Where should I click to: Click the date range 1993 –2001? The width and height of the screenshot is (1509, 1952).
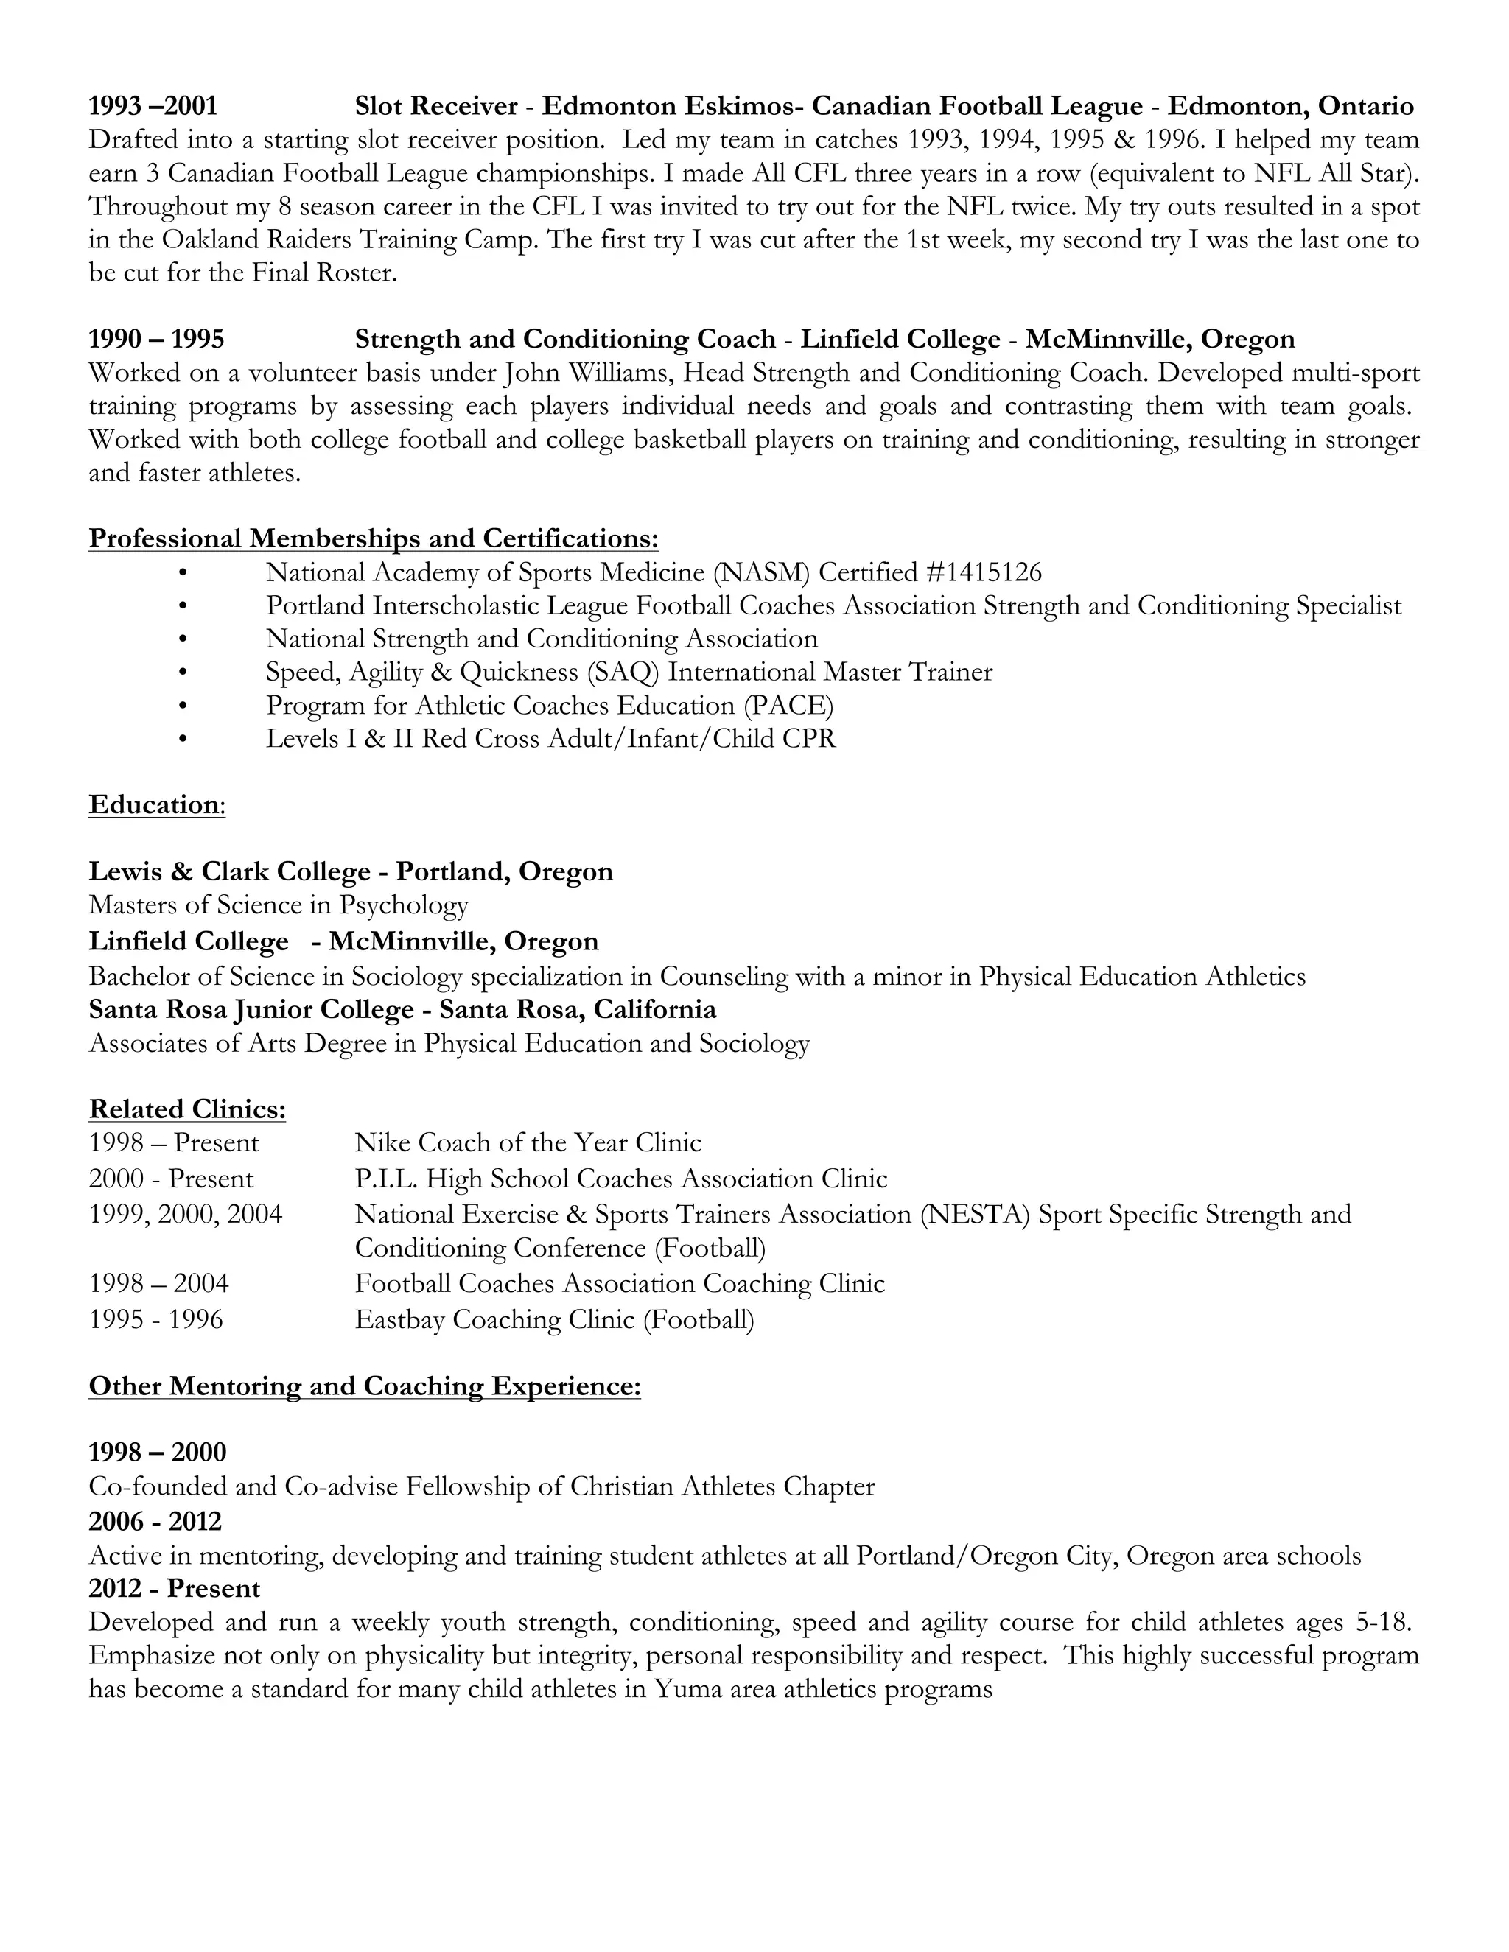153,106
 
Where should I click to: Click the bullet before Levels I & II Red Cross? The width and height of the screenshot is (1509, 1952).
183,739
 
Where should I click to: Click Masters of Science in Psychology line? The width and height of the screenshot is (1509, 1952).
278,905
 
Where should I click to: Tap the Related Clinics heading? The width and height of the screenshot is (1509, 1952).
187,1109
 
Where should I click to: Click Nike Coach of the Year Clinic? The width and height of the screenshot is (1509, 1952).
528,1142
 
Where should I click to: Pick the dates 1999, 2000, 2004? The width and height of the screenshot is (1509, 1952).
185,1214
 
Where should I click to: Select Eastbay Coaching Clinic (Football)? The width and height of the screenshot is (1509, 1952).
554,1319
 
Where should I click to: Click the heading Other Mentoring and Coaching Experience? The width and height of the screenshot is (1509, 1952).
365,1386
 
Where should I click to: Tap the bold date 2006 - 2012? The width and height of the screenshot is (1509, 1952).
155,1520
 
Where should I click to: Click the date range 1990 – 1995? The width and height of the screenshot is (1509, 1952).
156,340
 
